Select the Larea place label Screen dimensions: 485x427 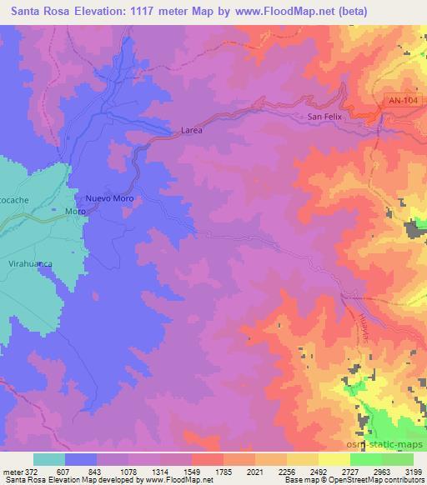point(192,131)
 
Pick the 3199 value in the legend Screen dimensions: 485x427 point(410,471)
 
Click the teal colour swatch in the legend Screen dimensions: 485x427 point(49,459)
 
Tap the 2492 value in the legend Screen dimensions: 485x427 point(316,471)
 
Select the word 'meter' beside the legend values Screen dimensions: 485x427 point(12,471)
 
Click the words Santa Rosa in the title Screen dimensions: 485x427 point(34,11)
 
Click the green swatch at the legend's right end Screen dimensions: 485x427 point(398,459)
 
